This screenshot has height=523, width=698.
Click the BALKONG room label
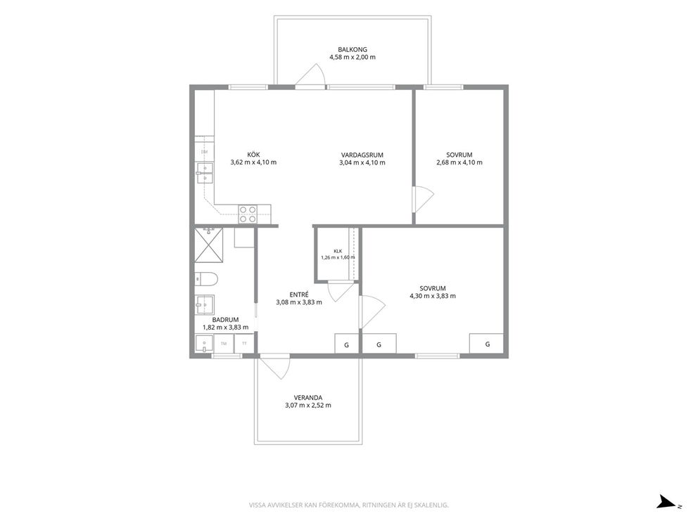[x=352, y=50]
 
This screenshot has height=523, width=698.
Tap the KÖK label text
[x=253, y=155]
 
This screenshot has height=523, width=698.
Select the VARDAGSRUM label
[x=362, y=155]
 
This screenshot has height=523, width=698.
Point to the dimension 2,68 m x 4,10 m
[x=459, y=162]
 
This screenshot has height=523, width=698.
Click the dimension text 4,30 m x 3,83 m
[x=433, y=296]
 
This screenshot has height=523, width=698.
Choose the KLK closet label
[x=338, y=251]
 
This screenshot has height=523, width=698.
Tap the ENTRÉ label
[x=299, y=295]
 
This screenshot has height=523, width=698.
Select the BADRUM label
[x=225, y=319]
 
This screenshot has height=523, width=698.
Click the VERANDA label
[x=308, y=398]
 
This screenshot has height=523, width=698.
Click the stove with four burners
[x=248, y=214]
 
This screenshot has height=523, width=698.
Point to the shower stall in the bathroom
[x=209, y=245]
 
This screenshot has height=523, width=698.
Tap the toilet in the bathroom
[x=206, y=279]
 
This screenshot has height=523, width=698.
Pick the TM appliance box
[x=224, y=344]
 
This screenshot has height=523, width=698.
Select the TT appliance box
[x=244, y=344]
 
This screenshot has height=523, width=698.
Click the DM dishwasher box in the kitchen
[x=204, y=152]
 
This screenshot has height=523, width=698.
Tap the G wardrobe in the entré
[x=346, y=344]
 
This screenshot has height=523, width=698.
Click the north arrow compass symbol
[x=667, y=502]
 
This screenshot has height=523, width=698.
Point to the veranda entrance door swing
[x=275, y=367]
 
